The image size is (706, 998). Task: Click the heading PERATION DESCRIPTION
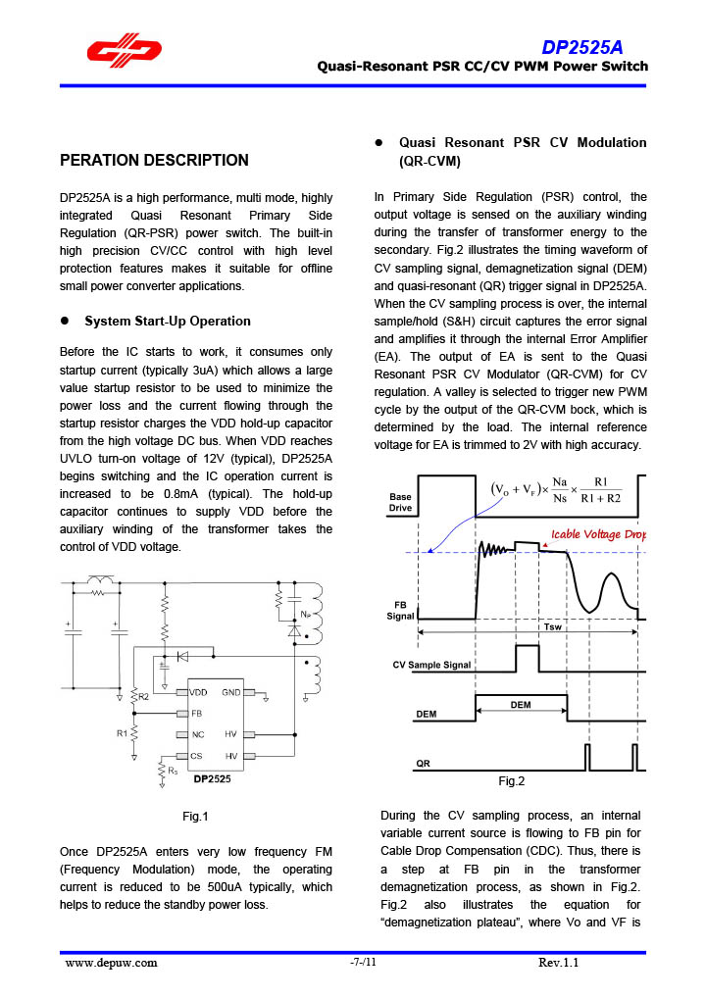154,160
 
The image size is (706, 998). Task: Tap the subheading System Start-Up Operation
168,321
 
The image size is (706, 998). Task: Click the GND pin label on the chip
231,692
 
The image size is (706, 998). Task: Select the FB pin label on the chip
197,713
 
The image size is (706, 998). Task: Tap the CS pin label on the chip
197,756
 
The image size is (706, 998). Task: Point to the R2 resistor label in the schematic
142,695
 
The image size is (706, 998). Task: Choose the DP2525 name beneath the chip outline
212,779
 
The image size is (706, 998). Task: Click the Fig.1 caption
196,816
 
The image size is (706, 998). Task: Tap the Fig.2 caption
511,781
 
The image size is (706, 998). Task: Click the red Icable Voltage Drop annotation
599,534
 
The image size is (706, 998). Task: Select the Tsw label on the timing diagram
552,626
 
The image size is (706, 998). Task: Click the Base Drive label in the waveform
400,502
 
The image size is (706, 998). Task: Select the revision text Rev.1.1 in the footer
559,962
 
